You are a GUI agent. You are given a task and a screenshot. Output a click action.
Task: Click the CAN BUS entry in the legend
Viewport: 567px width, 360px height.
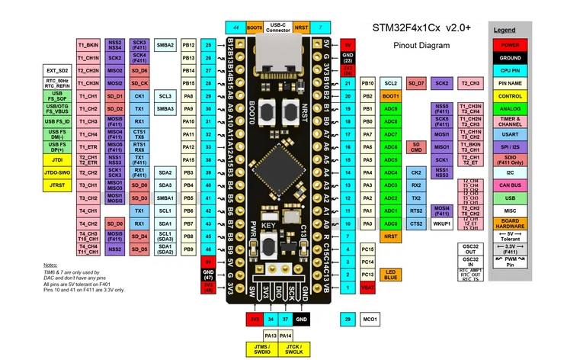510,185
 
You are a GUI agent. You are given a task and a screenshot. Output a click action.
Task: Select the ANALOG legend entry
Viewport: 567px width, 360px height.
510,109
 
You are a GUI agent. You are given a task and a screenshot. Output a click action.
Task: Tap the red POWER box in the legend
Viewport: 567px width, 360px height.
510,45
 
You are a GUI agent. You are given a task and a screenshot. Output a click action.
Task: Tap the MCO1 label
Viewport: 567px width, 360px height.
370,318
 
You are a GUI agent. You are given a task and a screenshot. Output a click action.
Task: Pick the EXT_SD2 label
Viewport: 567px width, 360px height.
56,71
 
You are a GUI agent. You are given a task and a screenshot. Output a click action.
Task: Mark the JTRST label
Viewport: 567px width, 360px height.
56,185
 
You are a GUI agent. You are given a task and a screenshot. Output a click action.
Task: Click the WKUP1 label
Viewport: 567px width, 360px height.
442,224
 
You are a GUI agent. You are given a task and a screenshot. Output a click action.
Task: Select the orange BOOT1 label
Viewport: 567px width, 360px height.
391,96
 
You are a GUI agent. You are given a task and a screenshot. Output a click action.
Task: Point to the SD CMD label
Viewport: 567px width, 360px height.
416,146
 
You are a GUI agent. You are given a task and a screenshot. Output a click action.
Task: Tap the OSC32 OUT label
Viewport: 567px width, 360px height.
469,249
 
